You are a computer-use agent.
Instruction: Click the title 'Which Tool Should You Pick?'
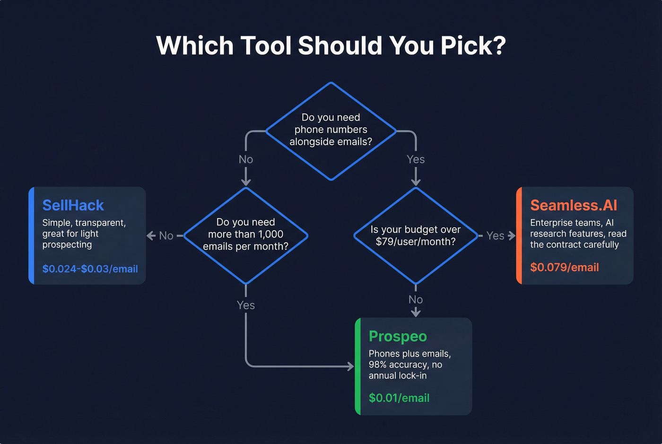[331, 46]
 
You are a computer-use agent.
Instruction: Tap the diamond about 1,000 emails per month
[245, 235]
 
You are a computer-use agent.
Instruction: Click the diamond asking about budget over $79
[415, 235]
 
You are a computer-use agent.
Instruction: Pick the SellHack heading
[73, 205]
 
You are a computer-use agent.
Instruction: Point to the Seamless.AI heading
[574, 205]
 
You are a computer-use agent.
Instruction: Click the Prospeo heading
[398, 336]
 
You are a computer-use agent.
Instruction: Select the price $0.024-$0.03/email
[90, 269]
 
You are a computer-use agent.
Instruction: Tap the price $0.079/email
[564, 267]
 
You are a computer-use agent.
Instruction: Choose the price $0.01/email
[399, 398]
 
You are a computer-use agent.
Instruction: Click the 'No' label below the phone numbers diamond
[246, 159]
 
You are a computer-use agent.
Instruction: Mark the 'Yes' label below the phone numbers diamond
[416, 159]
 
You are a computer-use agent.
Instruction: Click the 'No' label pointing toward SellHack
[166, 235]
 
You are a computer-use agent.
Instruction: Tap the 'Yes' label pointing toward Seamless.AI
[495, 235]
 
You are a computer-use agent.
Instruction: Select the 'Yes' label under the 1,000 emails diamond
[246, 305]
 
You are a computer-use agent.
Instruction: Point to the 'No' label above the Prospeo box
[416, 299]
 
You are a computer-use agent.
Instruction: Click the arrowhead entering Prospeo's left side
[351, 366]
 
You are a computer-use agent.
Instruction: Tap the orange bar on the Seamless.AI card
[519, 235]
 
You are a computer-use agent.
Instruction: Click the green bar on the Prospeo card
[357, 366]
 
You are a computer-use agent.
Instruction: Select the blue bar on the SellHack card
[31, 235]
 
